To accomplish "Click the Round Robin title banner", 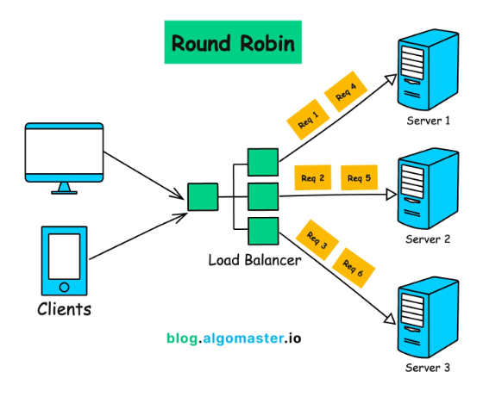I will click(233, 43).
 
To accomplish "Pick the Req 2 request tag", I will click(313, 178).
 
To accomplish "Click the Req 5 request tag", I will click(360, 178).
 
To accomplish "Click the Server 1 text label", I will click(429, 121).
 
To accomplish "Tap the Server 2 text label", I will click(429, 239).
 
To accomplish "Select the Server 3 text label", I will click(429, 368).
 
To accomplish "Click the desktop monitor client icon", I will click(65, 158).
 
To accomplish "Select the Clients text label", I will click(64, 307).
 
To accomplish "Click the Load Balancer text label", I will click(254, 259).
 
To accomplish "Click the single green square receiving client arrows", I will click(203, 196).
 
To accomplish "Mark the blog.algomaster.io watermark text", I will click(233, 338).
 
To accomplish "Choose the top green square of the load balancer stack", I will click(261, 163).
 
